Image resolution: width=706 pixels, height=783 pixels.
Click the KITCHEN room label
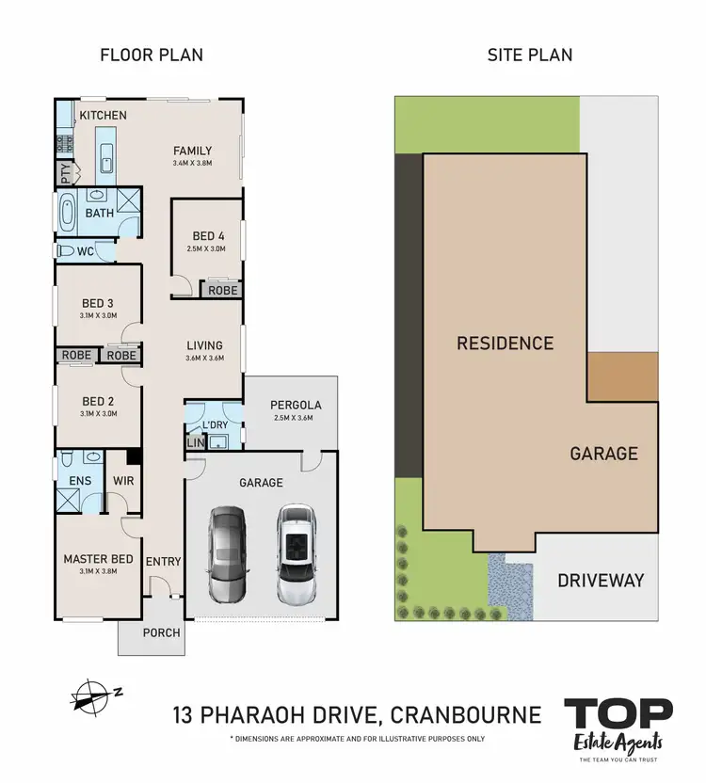click(x=103, y=115)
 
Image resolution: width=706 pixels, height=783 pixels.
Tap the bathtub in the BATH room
click(x=68, y=214)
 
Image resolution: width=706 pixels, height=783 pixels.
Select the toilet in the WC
click(x=67, y=251)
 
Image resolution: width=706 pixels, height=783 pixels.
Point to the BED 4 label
click(x=209, y=235)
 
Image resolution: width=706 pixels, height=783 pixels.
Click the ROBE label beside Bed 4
click(x=223, y=291)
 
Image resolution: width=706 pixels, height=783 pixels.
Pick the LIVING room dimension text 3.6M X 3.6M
click(x=204, y=359)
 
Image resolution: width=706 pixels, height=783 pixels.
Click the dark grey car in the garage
click(x=227, y=554)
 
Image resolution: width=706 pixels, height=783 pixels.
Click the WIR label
click(x=123, y=481)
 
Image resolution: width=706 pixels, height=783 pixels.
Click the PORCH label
click(x=161, y=632)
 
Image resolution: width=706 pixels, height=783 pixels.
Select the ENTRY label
click(x=163, y=562)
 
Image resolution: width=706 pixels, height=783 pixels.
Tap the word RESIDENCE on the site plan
click(x=505, y=343)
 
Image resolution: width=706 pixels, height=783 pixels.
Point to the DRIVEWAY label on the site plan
click(x=601, y=580)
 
